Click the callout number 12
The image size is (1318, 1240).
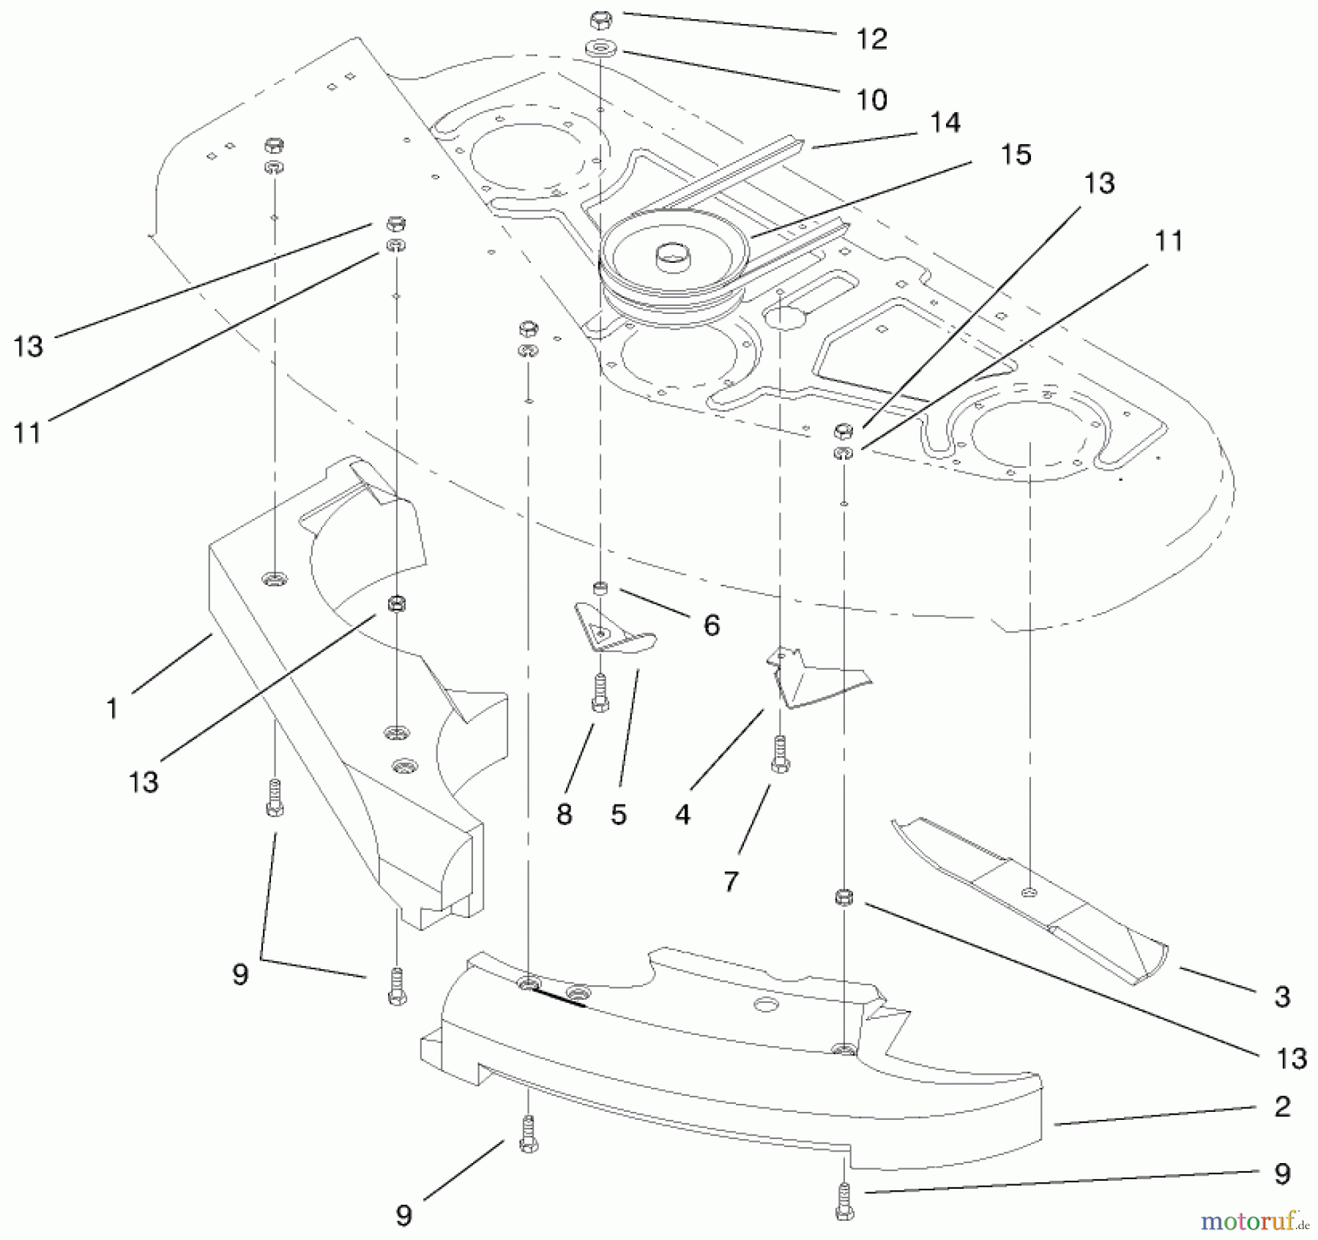pos(871,39)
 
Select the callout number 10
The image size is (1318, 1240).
pos(871,100)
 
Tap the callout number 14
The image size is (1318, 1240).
pos(945,123)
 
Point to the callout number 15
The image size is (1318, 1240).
pos(1016,154)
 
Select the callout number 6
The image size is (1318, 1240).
pos(711,625)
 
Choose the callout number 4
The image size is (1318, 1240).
pos(682,814)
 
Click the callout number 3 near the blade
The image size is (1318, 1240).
pos(1281,996)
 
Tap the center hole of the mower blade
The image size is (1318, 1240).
pos(1030,891)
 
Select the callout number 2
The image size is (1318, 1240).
pos(1281,1106)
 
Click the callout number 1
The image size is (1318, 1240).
pos(112,709)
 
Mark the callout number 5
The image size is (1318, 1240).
pos(619,814)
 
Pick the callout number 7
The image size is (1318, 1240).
pos(730,881)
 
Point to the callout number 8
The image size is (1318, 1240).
pos(564,814)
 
